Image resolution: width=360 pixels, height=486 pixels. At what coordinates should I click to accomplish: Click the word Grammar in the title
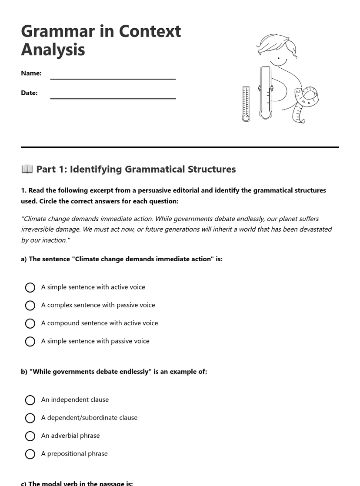pyautogui.click(x=58, y=31)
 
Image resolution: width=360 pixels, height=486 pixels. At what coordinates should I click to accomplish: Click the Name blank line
pyautogui.click(x=113, y=78)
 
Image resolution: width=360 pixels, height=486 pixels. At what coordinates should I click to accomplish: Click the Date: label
pyautogui.click(x=29, y=93)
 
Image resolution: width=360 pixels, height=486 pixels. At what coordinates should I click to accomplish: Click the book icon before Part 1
pyautogui.click(x=27, y=169)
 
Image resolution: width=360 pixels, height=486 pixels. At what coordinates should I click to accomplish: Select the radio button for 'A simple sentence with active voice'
pyautogui.click(x=30, y=287)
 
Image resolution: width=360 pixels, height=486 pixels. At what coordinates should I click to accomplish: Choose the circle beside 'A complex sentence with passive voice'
pyautogui.click(x=30, y=306)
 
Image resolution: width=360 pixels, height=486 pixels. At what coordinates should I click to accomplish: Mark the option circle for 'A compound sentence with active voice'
pyautogui.click(x=30, y=323)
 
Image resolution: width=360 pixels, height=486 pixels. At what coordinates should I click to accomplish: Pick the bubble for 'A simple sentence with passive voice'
pyautogui.click(x=30, y=342)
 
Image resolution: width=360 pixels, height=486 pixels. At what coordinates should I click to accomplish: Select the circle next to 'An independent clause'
pyautogui.click(x=30, y=400)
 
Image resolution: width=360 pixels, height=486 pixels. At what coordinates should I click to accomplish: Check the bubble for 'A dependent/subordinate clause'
pyautogui.click(x=30, y=418)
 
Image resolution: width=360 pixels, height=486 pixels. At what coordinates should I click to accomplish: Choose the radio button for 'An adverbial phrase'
pyautogui.click(x=30, y=436)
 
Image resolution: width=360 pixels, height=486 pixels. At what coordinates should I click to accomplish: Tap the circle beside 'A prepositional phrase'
pyautogui.click(x=30, y=454)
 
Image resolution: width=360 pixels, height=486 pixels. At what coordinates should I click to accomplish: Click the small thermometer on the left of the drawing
pyautogui.click(x=246, y=104)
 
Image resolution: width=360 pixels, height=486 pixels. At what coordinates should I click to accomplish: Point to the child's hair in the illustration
pyautogui.click(x=277, y=44)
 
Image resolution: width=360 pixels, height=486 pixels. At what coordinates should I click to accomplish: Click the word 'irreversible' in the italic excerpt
pyautogui.click(x=39, y=229)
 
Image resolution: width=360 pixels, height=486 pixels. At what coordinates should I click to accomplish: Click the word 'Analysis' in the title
pyautogui.click(x=53, y=50)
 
